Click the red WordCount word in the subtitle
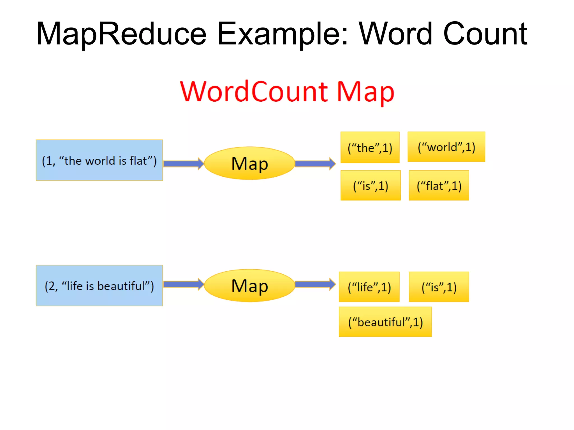coord(254,92)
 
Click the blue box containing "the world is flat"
coord(99,160)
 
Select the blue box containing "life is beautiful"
coord(99,286)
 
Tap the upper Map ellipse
coord(249,163)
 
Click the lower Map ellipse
coord(249,286)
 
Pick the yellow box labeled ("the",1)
coord(370,147)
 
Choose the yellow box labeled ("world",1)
coord(446,147)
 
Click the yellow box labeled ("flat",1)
coord(439,185)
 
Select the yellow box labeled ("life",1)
coord(369,287)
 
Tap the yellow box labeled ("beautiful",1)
coord(385,322)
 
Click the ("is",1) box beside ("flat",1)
coord(371,185)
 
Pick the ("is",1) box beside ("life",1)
coord(439,287)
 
